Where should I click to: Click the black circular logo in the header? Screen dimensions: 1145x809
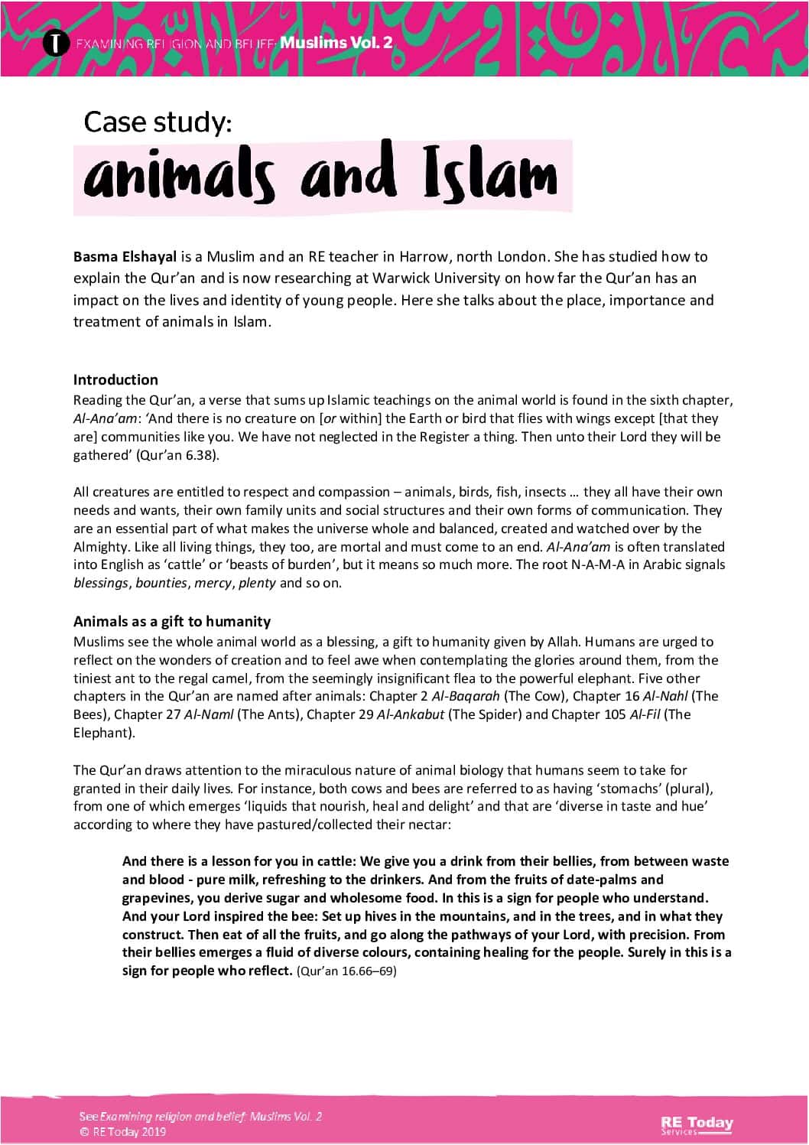(53, 42)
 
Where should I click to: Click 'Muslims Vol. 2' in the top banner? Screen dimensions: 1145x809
(336, 43)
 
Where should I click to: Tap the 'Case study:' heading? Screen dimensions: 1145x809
(158, 122)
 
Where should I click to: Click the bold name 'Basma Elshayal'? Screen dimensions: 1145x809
(125, 256)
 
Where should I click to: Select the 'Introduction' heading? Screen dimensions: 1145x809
(115, 379)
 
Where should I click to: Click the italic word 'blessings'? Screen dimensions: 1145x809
(101, 583)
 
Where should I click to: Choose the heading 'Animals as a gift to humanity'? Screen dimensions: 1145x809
(172, 621)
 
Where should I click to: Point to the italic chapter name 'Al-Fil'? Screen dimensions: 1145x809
(645, 714)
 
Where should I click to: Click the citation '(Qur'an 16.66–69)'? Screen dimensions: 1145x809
(346, 971)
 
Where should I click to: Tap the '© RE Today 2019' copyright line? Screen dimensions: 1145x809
(122, 1132)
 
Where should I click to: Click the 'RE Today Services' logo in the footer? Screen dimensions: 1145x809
(697, 1124)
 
